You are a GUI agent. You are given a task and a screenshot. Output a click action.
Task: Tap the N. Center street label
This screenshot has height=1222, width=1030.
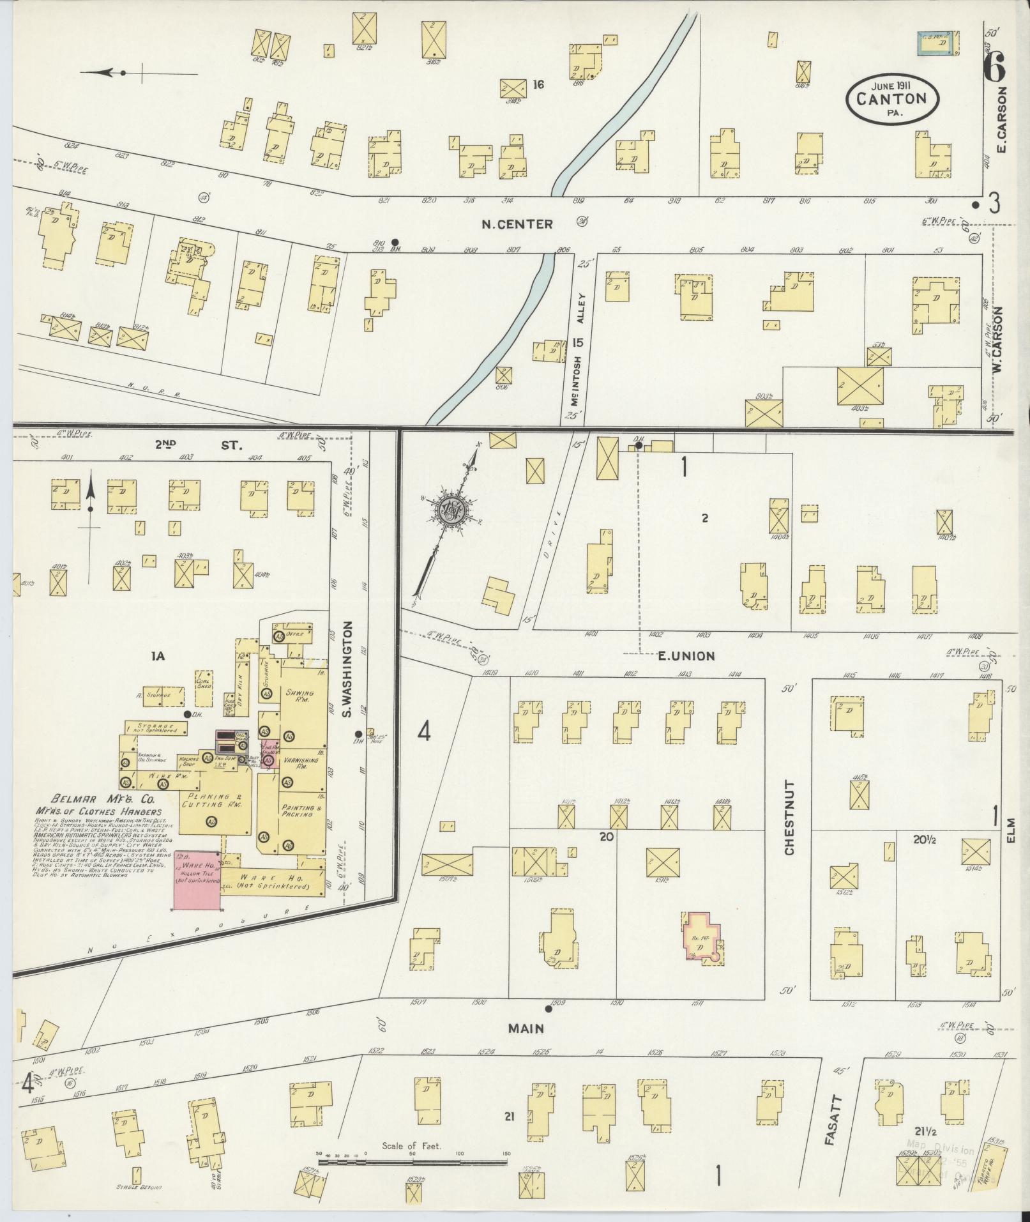point(517,224)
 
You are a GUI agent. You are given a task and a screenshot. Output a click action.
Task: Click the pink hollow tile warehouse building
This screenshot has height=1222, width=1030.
point(197,883)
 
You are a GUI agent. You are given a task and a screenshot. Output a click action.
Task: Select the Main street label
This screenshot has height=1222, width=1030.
point(526,1028)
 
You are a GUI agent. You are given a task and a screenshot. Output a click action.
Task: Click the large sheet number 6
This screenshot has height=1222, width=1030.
point(995,66)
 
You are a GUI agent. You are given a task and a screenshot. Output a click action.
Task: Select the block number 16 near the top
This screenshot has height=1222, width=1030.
point(538,84)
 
